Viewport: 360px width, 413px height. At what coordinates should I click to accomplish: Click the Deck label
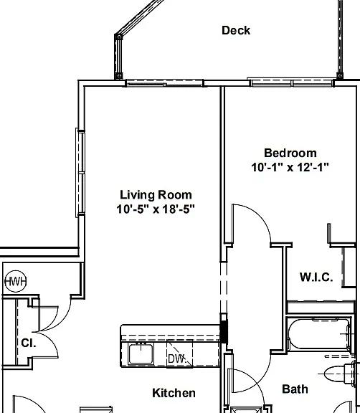click(x=236, y=30)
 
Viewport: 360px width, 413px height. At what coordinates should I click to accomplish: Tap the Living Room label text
click(x=156, y=195)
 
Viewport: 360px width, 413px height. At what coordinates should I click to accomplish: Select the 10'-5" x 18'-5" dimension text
click(x=156, y=209)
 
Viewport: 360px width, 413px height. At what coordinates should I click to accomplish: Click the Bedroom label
click(x=290, y=153)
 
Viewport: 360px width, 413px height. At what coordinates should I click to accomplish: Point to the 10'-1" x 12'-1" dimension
click(x=290, y=167)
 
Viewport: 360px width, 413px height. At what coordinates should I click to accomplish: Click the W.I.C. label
click(x=316, y=277)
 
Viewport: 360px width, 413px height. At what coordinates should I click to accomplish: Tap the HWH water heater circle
click(x=16, y=281)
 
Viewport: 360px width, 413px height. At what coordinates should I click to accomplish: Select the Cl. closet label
click(x=29, y=343)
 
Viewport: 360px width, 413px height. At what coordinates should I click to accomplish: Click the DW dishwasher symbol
click(x=179, y=353)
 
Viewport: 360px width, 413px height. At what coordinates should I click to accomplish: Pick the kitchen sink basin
click(x=141, y=353)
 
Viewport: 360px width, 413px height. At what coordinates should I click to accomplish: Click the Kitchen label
click(x=174, y=393)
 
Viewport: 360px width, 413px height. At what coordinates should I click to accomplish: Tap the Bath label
click(x=295, y=389)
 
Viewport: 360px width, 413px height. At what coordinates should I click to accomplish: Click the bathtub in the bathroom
click(x=319, y=334)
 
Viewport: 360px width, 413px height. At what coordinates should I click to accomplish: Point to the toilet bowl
click(x=335, y=374)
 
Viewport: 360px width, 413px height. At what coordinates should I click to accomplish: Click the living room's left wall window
click(x=80, y=173)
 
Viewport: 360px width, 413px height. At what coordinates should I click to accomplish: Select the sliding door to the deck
click(x=165, y=82)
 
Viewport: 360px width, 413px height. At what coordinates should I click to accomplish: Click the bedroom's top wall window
click(x=290, y=82)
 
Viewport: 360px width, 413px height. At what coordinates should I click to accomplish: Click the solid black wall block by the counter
click(x=224, y=332)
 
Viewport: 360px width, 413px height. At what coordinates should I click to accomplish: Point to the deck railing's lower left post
click(x=119, y=76)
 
